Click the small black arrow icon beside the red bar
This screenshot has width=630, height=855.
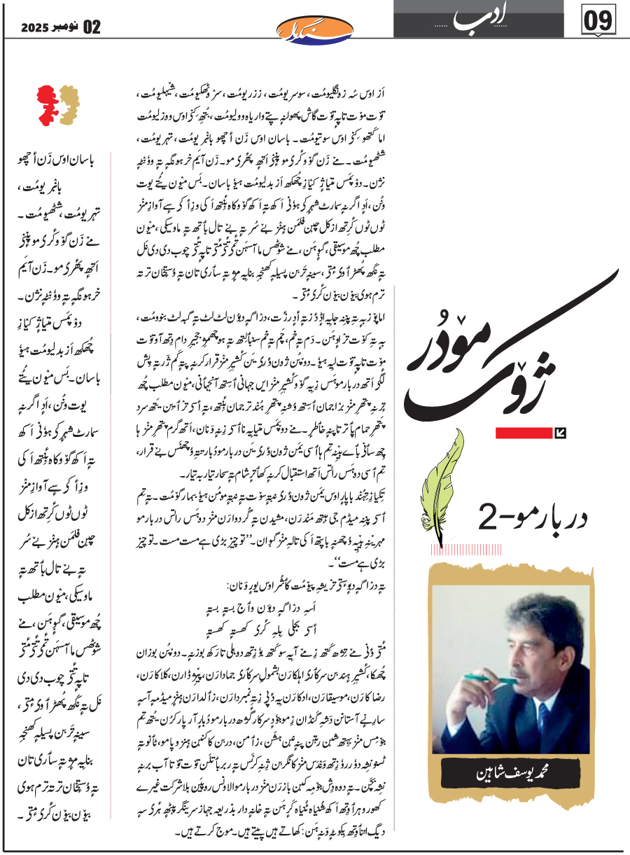pos(559,433)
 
